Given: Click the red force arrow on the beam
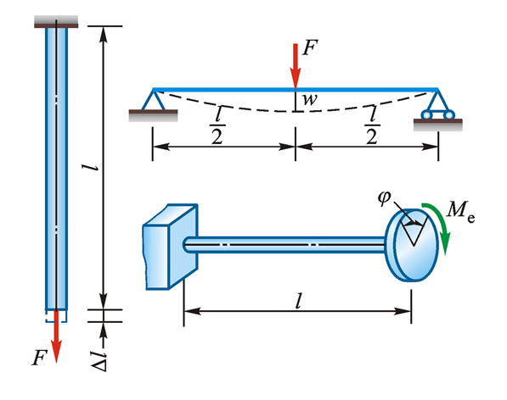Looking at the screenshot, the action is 296,66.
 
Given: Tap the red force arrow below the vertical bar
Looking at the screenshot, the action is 56,336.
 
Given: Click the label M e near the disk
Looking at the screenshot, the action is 460,211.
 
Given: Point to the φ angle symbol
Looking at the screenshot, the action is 384,197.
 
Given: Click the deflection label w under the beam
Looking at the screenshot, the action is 310,99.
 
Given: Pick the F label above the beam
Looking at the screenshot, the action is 310,47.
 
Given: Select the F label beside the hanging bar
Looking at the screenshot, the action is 40,358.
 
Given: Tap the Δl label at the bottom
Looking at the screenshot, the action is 99,361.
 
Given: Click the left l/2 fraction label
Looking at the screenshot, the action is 217,125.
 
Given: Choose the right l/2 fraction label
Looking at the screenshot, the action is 372,125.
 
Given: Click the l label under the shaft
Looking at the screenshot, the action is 298,302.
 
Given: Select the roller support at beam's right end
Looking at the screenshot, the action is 438,105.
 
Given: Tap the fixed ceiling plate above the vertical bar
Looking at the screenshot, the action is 56,22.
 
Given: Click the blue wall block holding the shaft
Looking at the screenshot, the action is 170,247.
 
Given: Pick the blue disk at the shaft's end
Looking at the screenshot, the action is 411,245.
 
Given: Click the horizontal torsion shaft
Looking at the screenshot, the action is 285,245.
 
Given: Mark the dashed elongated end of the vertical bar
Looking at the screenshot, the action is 56,316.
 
